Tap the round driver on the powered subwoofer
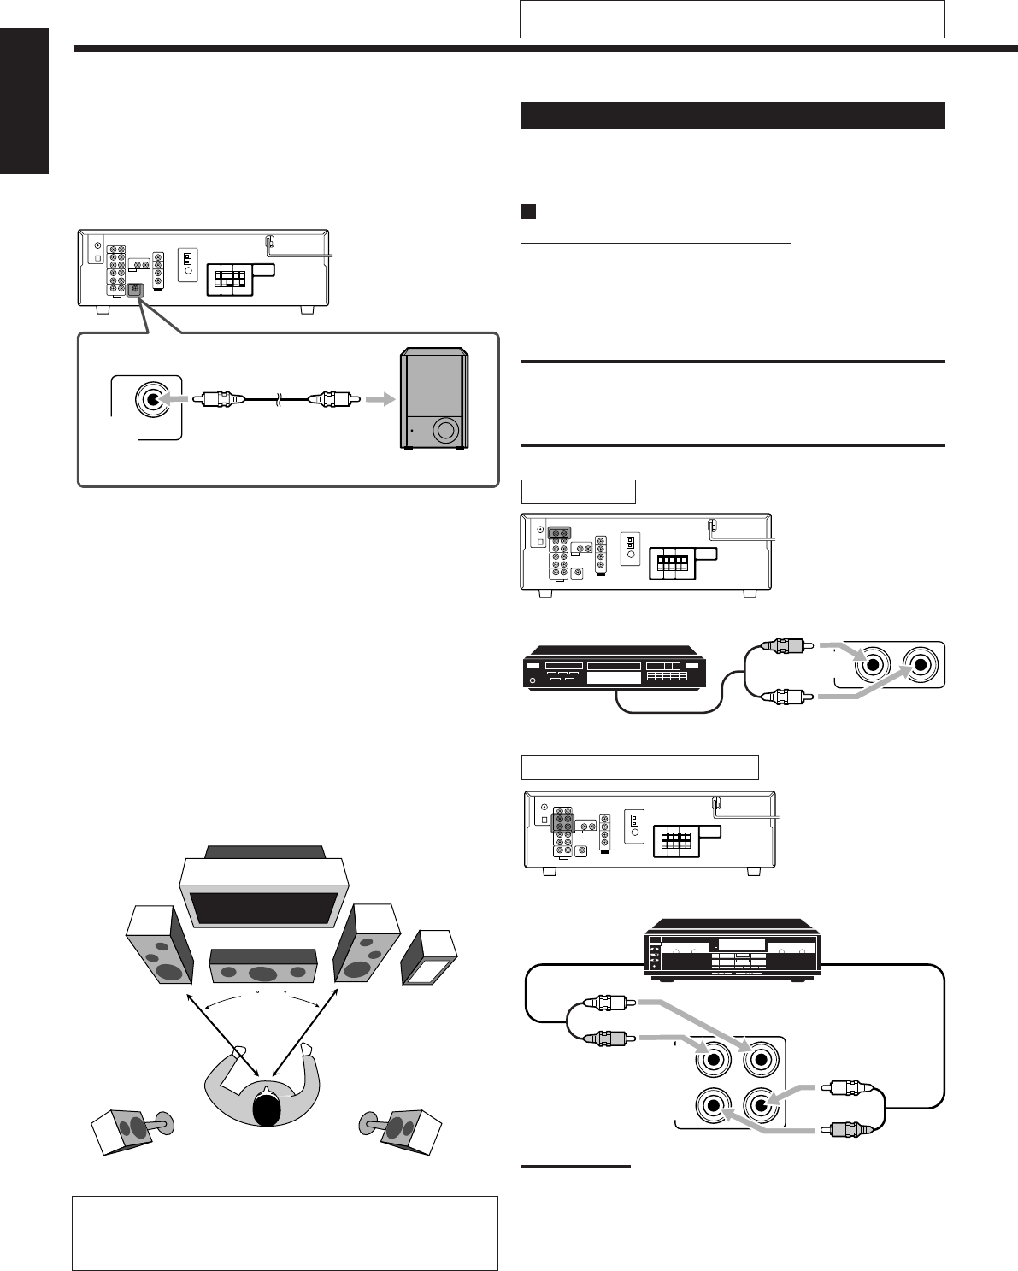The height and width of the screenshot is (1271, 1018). (x=445, y=430)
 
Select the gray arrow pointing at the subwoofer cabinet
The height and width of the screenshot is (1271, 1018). (x=375, y=399)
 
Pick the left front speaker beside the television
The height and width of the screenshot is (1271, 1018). (x=159, y=947)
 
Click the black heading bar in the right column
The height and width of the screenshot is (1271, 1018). (x=733, y=115)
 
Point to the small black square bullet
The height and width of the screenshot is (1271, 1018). (x=527, y=210)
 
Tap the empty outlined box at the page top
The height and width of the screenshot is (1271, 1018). (x=732, y=19)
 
